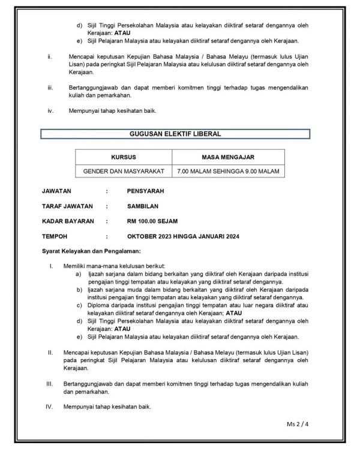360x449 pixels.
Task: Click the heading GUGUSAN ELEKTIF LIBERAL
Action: click(x=175, y=134)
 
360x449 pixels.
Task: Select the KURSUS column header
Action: click(x=124, y=157)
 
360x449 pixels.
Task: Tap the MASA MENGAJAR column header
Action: click(x=228, y=157)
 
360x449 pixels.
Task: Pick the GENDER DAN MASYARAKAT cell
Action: click(x=124, y=171)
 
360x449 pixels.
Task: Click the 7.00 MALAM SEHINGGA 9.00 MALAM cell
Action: click(x=228, y=171)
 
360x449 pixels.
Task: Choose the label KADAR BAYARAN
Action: click(x=68, y=221)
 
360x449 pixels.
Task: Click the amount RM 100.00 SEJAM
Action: click(x=152, y=221)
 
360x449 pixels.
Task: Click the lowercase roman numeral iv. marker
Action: click(x=50, y=110)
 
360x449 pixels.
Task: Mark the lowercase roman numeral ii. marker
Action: click(x=50, y=57)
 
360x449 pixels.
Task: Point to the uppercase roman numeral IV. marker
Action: click(x=50, y=406)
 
